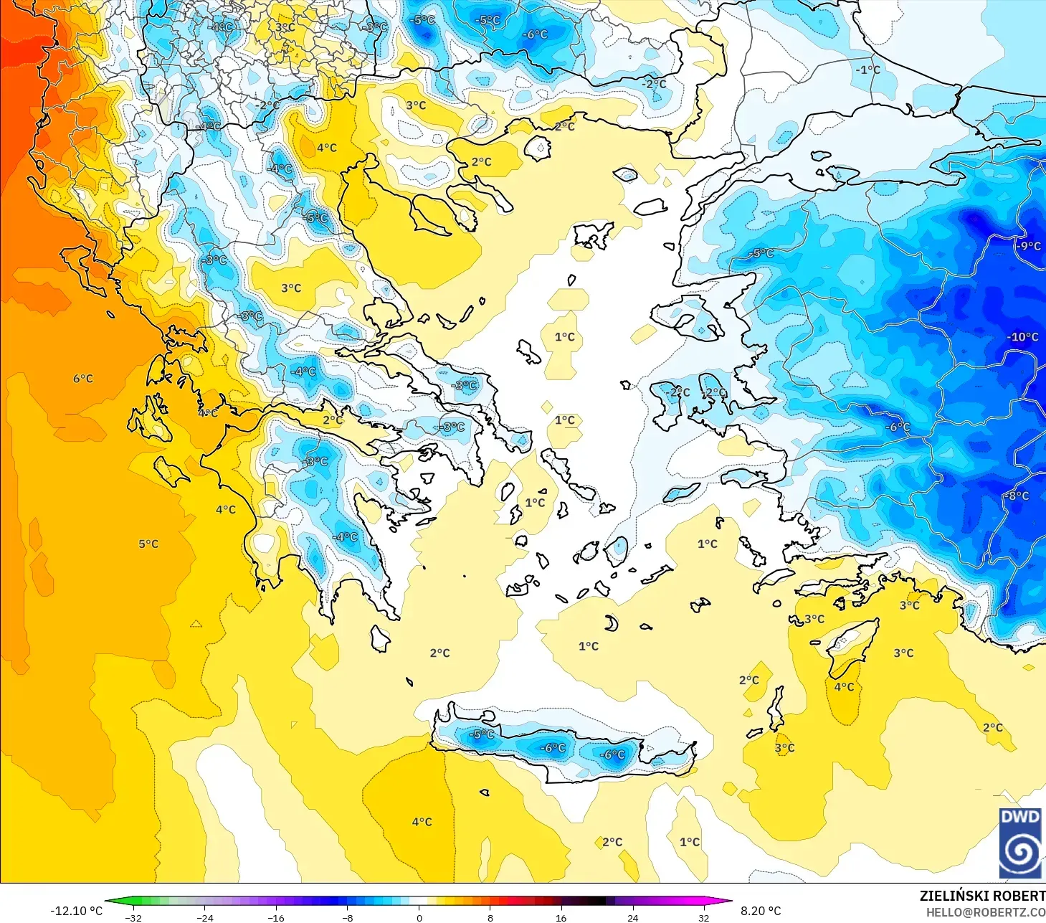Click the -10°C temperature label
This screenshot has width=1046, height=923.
pos(1022,337)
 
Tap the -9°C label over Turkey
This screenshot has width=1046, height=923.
pos(1028,246)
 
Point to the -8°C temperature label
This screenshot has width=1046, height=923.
pos(1017,496)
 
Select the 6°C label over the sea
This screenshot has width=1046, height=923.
pos(83,379)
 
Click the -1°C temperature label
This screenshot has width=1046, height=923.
pos(867,70)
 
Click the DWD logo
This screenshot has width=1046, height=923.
pos(1019,842)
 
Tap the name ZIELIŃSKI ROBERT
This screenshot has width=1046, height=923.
pos(982,896)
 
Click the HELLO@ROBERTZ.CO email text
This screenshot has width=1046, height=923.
pos(985,912)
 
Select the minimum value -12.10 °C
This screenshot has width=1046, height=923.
pos(76,911)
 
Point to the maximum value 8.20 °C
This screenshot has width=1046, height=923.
pos(761,911)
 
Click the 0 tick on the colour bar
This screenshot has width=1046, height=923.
pos(419,917)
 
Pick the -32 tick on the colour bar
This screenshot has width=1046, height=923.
pos(133,917)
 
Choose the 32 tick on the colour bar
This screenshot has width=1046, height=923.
pos(703,917)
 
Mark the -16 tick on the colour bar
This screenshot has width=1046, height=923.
pos(276,917)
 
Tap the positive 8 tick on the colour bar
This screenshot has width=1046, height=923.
pos(490,917)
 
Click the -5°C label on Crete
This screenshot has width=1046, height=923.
pos(482,734)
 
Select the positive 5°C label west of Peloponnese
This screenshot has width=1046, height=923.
pos(148,544)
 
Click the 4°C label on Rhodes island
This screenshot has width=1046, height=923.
pos(844,687)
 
